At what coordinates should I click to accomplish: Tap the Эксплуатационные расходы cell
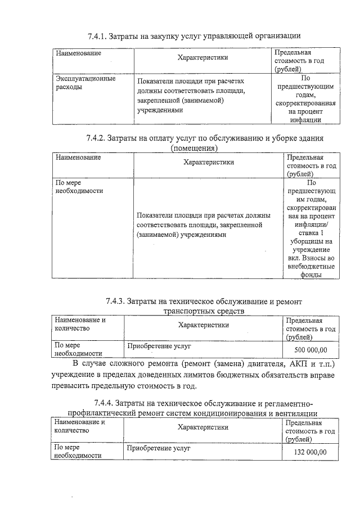coord(85,83)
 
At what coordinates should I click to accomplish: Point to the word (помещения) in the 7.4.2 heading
coord(194,148)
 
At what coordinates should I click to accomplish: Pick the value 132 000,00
coord(310,452)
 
